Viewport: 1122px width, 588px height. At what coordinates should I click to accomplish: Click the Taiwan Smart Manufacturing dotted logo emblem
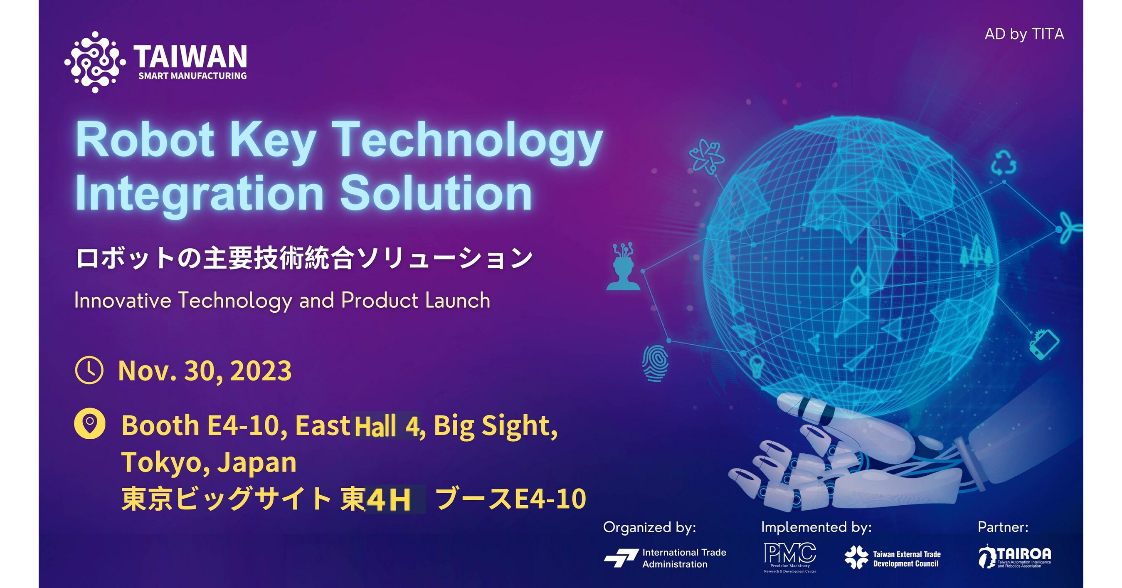click(94, 62)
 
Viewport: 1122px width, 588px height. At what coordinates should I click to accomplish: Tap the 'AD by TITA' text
click(1024, 34)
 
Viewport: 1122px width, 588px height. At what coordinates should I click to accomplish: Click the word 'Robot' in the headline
click(145, 140)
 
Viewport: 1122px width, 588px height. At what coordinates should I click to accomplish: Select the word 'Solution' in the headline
click(436, 193)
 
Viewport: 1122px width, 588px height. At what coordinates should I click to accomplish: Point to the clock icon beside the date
click(89, 371)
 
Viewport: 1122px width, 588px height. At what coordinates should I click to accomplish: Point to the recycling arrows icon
click(1004, 163)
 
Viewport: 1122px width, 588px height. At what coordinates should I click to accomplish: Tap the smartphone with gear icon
click(1043, 343)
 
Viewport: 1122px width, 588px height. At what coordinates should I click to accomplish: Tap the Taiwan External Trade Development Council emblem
click(856, 558)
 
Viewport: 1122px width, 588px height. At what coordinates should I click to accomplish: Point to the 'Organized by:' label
click(649, 527)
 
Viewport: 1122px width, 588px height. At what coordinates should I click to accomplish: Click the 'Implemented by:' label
click(816, 527)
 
